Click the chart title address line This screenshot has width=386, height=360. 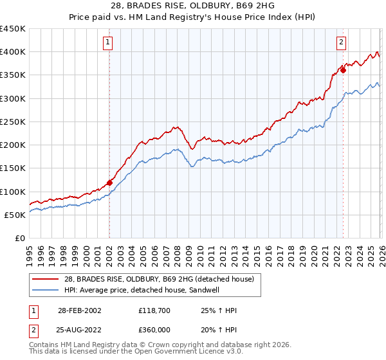(x=193, y=6)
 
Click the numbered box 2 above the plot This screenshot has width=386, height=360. (x=341, y=43)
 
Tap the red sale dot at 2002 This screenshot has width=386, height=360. (x=109, y=183)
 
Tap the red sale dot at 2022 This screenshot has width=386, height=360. (x=343, y=70)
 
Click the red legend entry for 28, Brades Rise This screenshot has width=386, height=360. (x=158, y=279)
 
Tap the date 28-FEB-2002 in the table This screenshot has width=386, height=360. (x=80, y=310)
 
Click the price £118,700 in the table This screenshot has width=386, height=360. (x=153, y=310)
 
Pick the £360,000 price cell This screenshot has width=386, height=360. (x=153, y=329)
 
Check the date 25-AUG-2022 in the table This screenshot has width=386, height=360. (x=80, y=329)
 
